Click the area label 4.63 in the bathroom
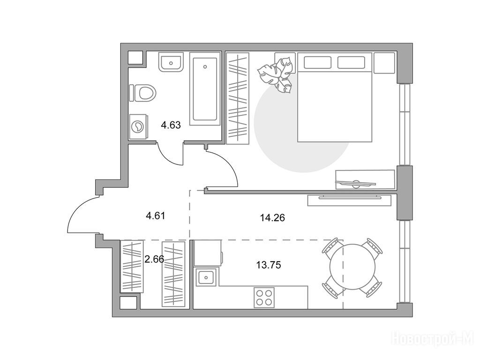click(171, 125)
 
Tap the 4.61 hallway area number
click(156, 216)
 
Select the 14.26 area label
click(272, 217)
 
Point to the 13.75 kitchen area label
click(269, 265)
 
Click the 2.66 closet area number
click(154, 259)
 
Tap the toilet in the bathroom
click(142, 93)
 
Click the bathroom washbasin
click(171, 62)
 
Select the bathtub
click(205, 89)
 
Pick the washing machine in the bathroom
click(138, 127)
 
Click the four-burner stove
click(264, 297)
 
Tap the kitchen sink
click(206, 277)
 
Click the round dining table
click(352, 267)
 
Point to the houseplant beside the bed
click(276, 75)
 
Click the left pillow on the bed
click(317, 62)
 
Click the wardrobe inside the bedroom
click(238, 98)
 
